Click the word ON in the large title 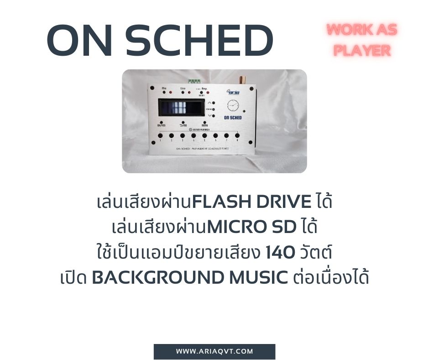[x=78, y=42]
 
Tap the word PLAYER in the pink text [x=362, y=50]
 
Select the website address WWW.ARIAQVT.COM [x=214, y=351]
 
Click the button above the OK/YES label [x=161, y=122]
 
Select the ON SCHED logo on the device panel [x=232, y=117]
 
